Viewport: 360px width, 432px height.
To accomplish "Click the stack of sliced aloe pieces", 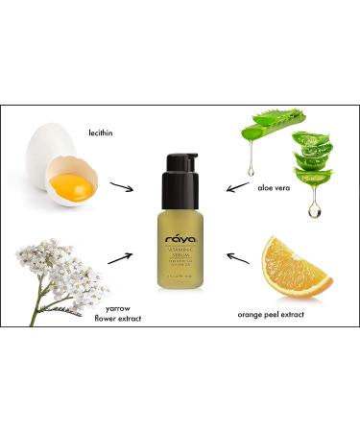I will (x=311, y=158).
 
